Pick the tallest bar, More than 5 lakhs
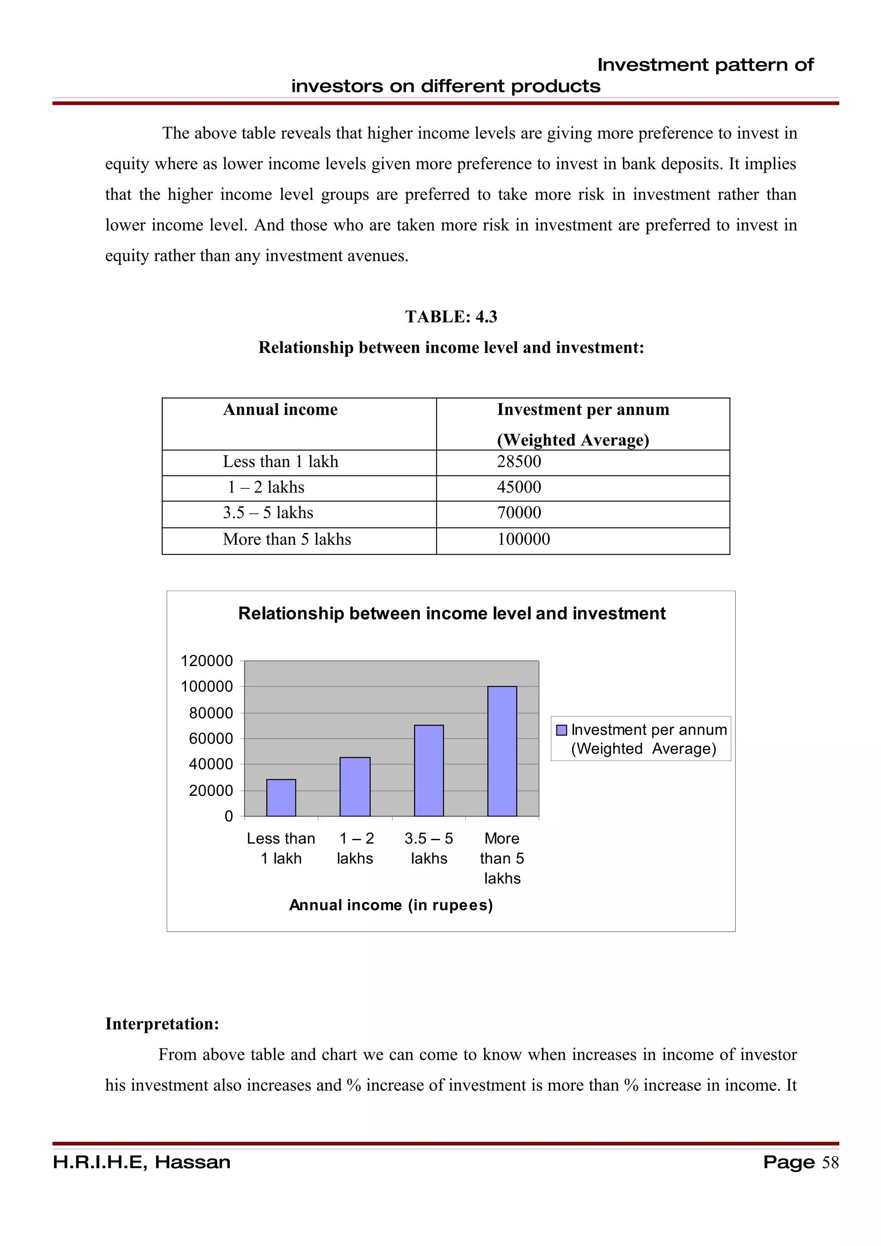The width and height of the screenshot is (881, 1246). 502,751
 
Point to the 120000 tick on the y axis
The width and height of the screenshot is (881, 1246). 206,660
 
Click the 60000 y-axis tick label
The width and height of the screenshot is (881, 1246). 211,738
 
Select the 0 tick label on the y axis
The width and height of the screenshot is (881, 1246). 228,816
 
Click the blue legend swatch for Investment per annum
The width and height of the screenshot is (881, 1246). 562,730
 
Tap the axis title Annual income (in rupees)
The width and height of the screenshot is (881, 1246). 391,905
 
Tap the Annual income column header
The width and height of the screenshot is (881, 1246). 280,410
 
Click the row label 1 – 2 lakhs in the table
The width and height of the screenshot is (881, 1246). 266,487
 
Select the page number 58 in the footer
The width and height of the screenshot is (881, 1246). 830,1163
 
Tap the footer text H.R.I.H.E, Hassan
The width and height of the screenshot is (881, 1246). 142,1163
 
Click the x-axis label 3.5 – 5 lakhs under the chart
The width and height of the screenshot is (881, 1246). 428,848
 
